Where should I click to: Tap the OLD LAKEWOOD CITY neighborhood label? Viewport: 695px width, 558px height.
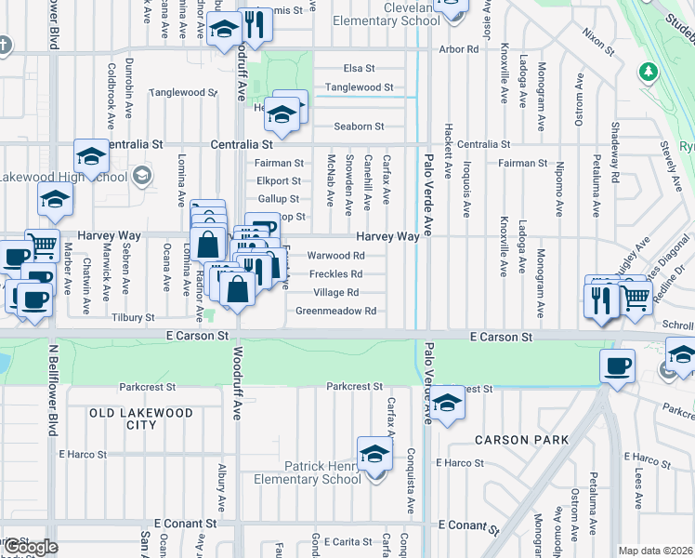[x=141, y=418]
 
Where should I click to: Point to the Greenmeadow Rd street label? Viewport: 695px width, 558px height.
[x=335, y=311]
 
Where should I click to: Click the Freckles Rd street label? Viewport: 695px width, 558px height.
[x=335, y=274]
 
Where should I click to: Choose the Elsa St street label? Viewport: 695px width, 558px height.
[x=359, y=69]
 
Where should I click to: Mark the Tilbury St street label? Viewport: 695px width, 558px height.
[x=133, y=317]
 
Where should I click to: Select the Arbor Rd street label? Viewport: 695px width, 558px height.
[x=457, y=48]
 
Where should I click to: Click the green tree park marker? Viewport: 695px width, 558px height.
[x=649, y=72]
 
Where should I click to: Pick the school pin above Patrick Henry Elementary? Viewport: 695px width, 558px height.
[x=374, y=454]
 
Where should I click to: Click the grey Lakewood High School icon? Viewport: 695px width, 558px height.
[x=141, y=174]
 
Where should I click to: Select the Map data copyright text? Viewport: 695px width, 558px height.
[x=655, y=551]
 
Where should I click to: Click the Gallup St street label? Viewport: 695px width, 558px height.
[x=278, y=199]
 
